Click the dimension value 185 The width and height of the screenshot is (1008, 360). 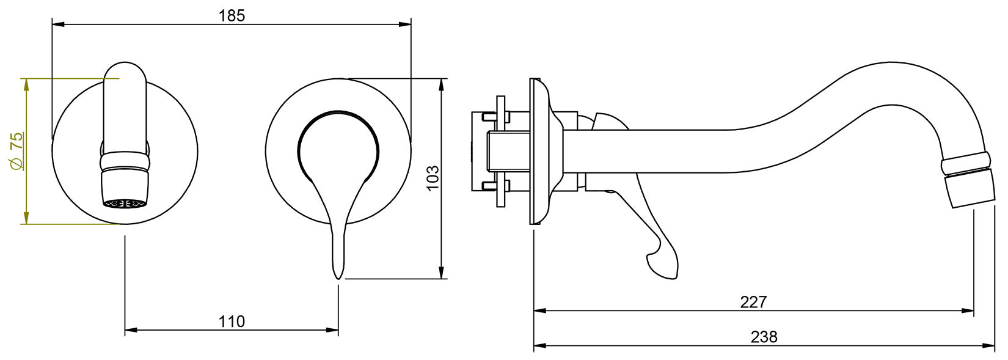point(232,16)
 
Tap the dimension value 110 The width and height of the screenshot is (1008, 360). point(232,321)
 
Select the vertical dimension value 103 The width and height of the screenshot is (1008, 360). point(433,178)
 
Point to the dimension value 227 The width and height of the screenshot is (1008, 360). point(753,301)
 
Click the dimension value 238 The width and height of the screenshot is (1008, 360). point(764,337)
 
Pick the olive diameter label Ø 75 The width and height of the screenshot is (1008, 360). point(17,150)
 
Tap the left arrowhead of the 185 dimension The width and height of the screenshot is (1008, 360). point(56,24)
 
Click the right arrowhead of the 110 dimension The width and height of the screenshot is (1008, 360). point(335,330)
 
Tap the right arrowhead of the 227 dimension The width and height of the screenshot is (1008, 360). point(970,310)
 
